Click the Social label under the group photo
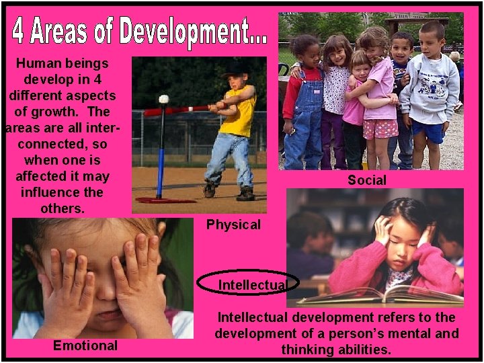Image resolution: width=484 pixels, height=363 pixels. (366, 180)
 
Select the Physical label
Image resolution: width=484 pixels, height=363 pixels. (233, 225)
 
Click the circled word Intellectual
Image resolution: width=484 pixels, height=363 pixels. (253, 285)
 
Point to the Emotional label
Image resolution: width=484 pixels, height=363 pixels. (85, 346)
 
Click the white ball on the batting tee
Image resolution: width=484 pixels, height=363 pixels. (163, 99)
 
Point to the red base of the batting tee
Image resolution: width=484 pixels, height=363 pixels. (165, 200)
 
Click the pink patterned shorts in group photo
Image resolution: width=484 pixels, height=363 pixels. (380, 128)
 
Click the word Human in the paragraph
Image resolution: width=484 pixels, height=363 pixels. (38, 63)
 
